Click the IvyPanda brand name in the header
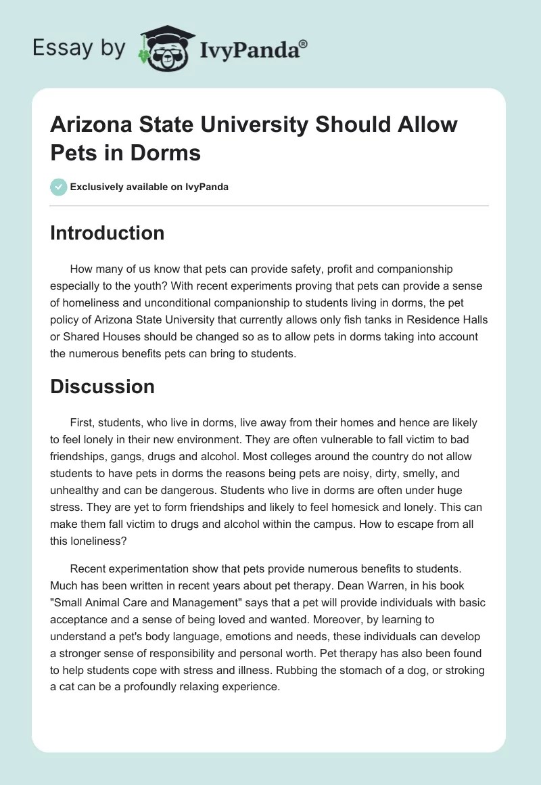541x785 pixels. pyautogui.click(x=248, y=49)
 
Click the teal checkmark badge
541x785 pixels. pyautogui.click(x=59, y=187)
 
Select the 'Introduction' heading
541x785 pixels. pyautogui.click(x=107, y=233)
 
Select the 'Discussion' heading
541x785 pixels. pyautogui.click(x=102, y=386)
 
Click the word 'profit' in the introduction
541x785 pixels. pyautogui.click(x=304, y=269)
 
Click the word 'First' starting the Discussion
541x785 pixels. pyautogui.click(x=82, y=422)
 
